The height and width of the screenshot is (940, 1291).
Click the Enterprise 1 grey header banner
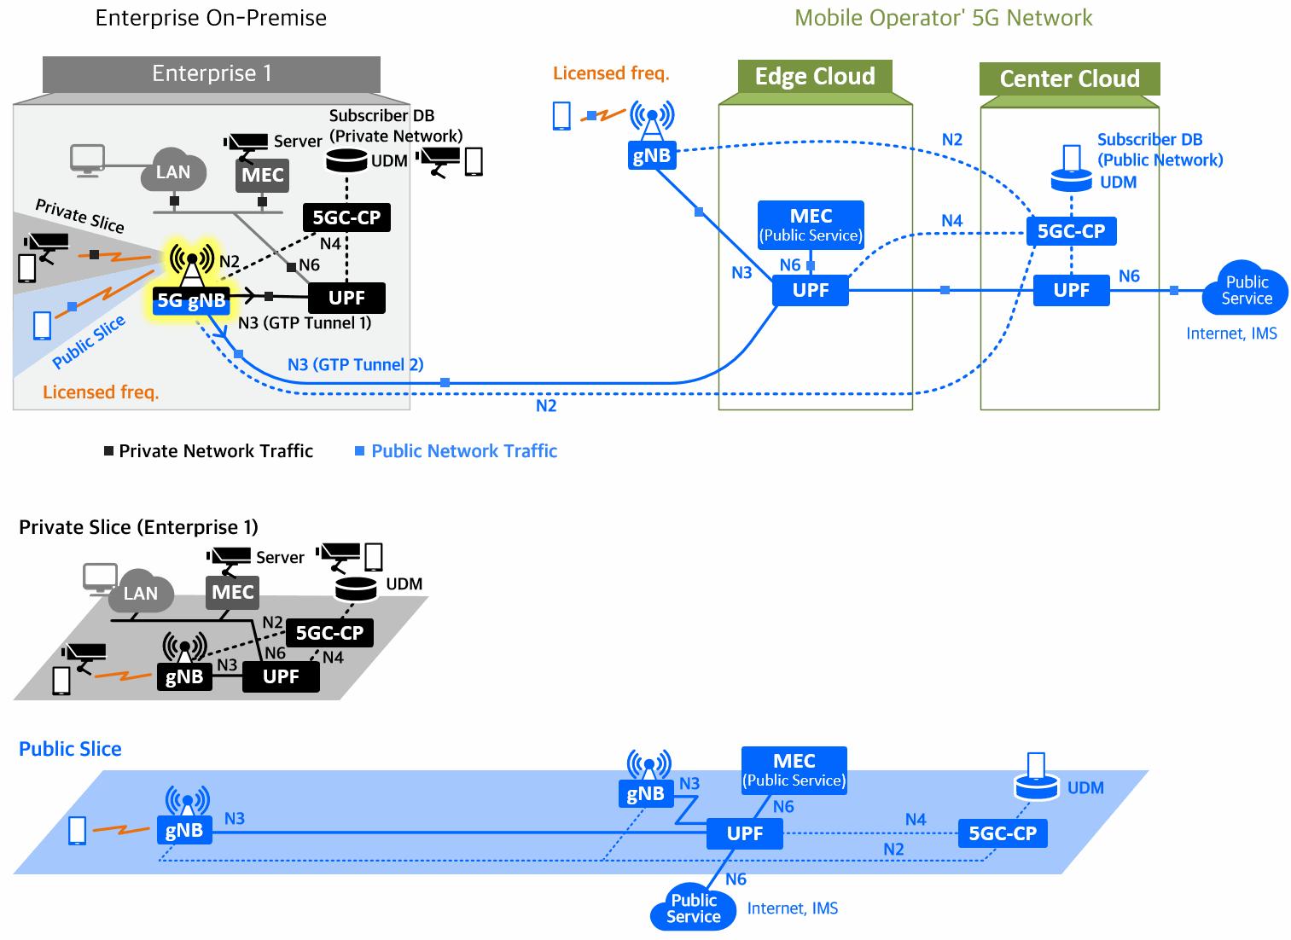212,74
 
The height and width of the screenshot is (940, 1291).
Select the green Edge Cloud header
814,77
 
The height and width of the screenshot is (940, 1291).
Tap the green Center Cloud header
1069,79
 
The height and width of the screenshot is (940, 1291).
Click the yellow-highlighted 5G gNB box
191,299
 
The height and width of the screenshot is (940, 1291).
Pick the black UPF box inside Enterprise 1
346,298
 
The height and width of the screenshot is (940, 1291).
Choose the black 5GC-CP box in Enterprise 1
346,218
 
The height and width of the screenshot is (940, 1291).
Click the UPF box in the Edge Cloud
810,290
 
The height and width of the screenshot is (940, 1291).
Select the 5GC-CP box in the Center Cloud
1071,231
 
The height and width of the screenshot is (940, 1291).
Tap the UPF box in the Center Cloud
1071,290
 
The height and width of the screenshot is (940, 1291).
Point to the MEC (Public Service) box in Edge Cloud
811,224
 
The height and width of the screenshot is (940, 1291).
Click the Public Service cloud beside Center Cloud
1246,291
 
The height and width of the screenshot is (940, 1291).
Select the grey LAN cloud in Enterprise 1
172,172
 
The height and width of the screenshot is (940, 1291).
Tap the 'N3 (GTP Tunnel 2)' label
355,365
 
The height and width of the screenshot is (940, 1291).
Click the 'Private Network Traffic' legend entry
215,451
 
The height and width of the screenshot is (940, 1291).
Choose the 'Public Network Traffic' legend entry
463,451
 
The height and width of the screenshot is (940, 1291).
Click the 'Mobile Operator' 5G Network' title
943,18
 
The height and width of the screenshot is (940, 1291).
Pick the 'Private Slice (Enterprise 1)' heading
138,527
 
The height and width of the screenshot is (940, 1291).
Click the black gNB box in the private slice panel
183,677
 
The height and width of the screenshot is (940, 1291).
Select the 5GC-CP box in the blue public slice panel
1002,833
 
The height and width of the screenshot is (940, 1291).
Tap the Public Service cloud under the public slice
693,908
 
